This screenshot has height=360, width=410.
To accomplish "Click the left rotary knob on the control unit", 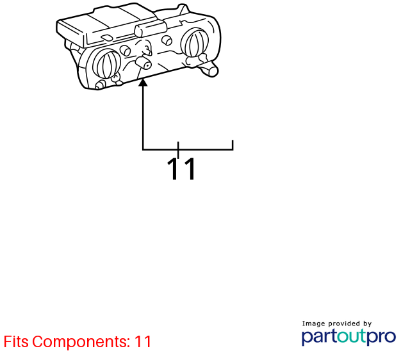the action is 106,64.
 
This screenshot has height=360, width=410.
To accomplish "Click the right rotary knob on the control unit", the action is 195,43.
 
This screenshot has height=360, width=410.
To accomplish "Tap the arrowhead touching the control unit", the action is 143,83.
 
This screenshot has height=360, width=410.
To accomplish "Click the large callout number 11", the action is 181,168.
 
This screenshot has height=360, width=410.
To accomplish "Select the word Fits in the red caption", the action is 16,341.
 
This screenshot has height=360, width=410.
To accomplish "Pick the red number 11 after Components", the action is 143,341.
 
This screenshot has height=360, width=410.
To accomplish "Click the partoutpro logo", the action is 348,337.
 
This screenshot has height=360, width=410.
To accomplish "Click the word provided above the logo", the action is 344,323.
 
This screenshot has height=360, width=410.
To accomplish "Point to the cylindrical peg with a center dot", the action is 143,63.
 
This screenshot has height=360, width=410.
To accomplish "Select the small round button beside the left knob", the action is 126,50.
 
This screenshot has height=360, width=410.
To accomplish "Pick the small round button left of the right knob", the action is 167,40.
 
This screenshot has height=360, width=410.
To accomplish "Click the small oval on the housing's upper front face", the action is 107,38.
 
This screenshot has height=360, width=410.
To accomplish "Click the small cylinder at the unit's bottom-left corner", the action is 101,85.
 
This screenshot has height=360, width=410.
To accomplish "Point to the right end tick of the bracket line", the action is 233,145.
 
